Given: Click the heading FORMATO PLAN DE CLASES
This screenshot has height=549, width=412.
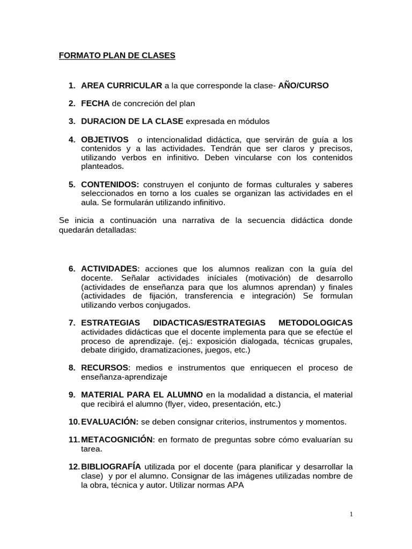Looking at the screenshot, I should coord(117,55).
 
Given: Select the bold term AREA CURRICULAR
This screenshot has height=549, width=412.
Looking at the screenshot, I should coord(121,85).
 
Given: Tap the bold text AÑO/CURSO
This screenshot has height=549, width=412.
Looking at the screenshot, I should coord(304,85).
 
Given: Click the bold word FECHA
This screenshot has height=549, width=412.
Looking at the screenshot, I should coord(95,103).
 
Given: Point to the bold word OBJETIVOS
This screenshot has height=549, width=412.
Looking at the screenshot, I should coord(105,139).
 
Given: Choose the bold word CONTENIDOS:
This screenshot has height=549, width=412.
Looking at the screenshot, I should coord(110,184).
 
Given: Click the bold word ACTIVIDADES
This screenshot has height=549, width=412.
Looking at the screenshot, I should coord(109,268).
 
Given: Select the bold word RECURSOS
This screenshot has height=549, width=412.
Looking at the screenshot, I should coord(105,367).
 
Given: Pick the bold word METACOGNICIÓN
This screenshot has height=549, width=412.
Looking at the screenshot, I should coord(117,439).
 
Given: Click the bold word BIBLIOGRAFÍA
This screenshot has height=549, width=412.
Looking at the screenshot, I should coord(111,466).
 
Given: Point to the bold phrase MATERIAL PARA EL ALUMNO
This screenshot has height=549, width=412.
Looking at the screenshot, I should coord(142,394).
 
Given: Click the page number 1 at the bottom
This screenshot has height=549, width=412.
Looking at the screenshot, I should coord(351,514).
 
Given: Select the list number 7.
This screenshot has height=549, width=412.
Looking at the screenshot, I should coord(71,322).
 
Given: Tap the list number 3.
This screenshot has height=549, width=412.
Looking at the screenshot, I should coord(71,121).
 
